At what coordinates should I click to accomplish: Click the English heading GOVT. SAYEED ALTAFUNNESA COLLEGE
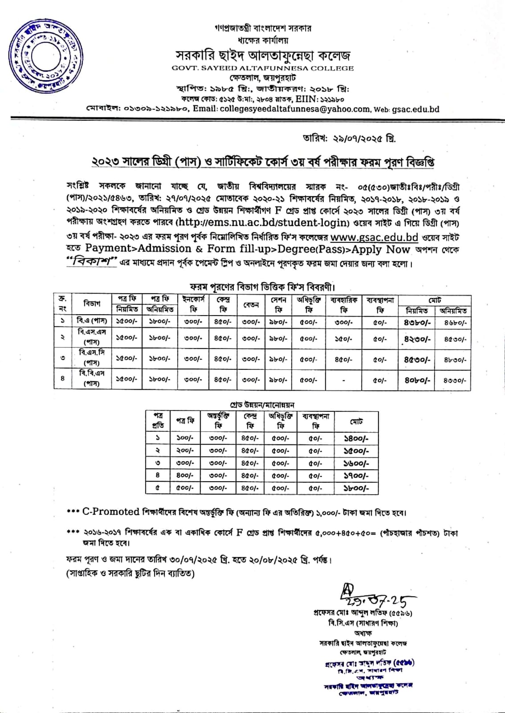point(263,68)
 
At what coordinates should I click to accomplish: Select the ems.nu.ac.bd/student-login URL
point(262,222)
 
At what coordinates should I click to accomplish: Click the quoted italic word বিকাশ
point(92,262)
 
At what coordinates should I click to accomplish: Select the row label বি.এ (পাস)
point(91,321)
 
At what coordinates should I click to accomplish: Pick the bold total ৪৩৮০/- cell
point(417,321)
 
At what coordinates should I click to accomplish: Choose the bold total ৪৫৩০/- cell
point(417,359)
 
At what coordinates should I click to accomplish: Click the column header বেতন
point(251,304)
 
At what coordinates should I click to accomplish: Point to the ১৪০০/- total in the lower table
point(356,438)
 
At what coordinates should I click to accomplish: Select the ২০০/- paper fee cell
point(185,451)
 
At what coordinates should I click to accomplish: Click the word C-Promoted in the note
point(111,512)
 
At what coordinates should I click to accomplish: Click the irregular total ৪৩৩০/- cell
point(455,381)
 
